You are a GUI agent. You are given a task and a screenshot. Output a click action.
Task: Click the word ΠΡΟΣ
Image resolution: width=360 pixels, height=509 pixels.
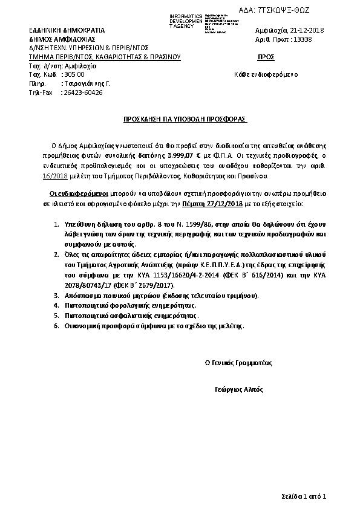click(266, 57)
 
